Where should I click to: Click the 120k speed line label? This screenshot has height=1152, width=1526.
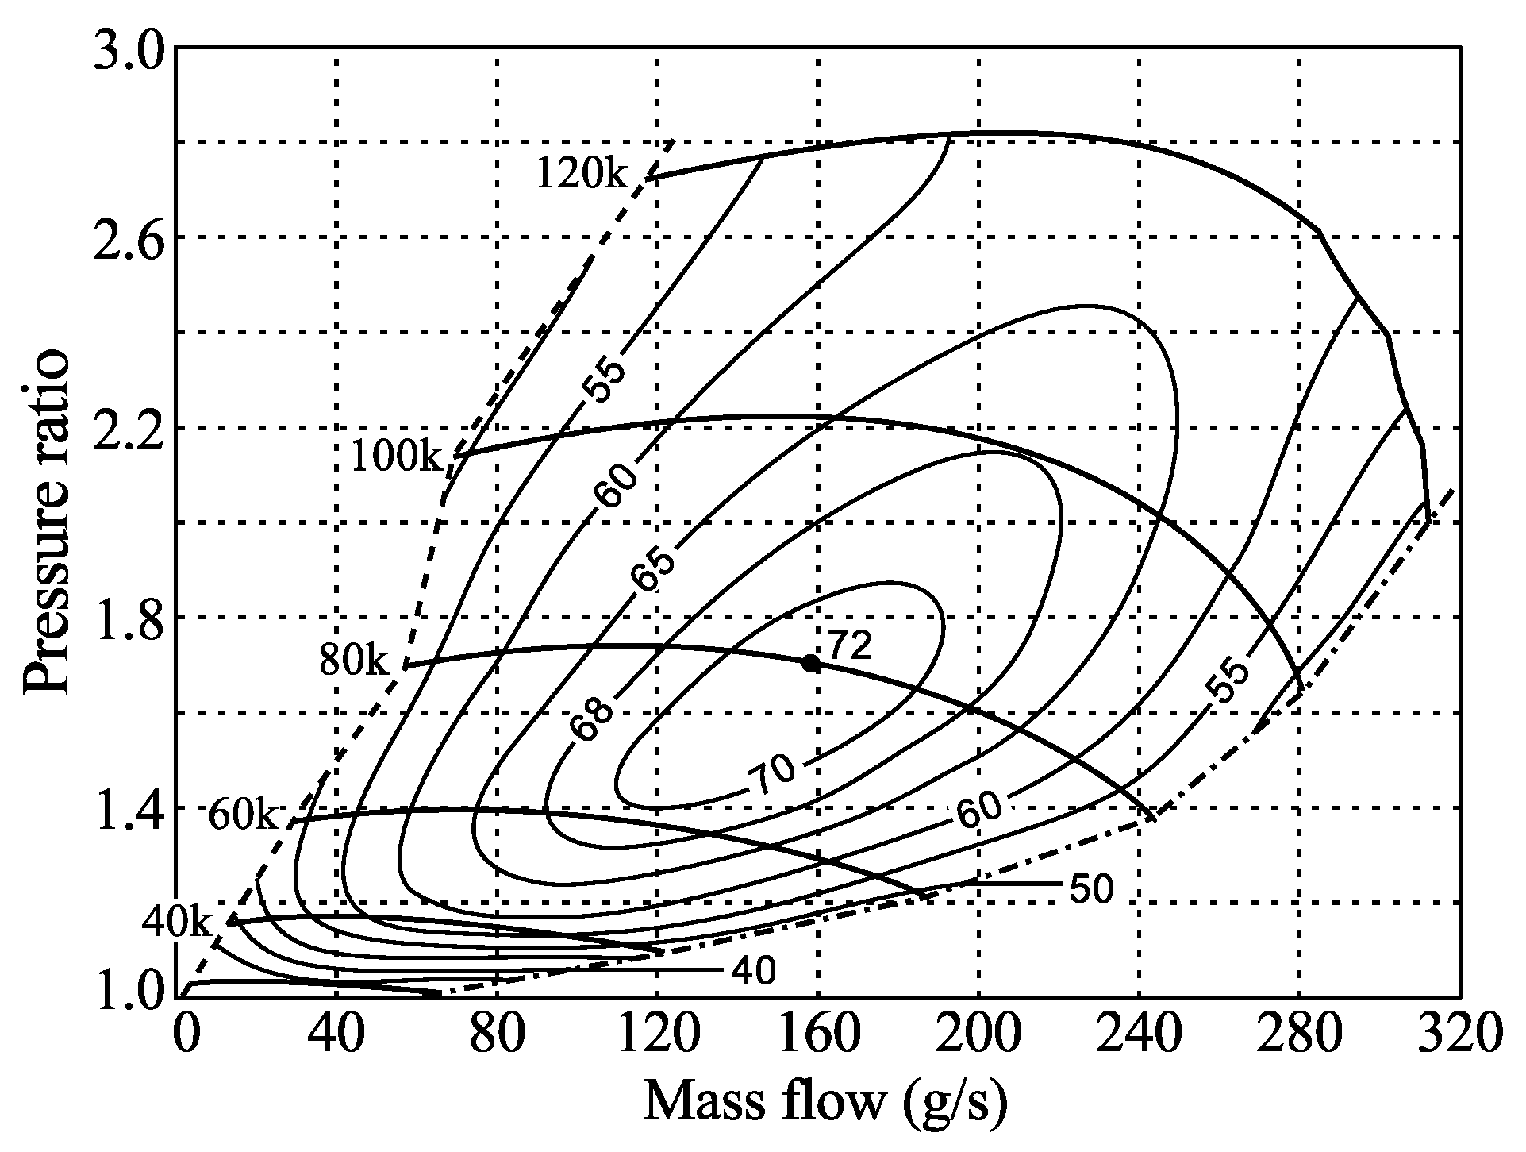(582, 172)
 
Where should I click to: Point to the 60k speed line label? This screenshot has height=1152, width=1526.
(244, 815)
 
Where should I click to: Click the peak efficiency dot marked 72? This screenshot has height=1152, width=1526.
(810, 663)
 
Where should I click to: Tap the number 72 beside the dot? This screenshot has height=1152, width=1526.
(850, 645)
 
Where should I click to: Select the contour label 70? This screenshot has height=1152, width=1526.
(773, 773)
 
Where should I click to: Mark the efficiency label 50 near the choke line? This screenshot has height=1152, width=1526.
(1092, 890)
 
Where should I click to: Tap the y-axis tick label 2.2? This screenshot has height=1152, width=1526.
(127, 428)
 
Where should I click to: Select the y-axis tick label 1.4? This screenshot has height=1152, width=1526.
(127, 807)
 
